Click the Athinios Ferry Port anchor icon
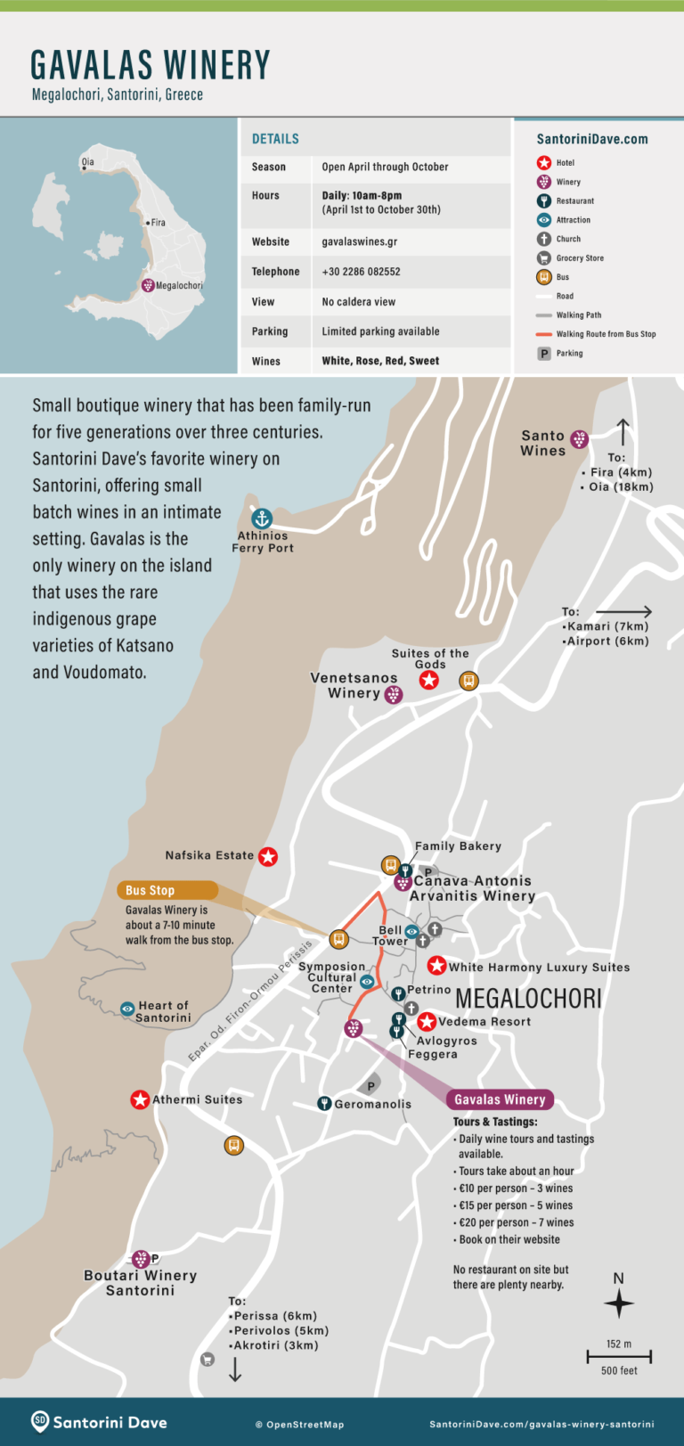[x=261, y=519]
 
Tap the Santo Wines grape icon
[x=579, y=439]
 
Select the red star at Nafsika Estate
[x=267, y=856]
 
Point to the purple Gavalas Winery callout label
[x=500, y=1099]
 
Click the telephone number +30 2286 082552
[x=361, y=272]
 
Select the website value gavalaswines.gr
[x=359, y=241]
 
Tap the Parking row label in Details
[x=269, y=331]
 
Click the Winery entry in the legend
[x=567, y=182]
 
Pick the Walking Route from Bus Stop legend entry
[x=605, y=334]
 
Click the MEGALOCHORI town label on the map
[x=528, y=999]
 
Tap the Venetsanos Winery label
[x=354, y=685]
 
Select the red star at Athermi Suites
[x=140, y=1099]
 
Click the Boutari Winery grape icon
[x=140, y=1259]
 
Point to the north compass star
[x=619, y=1303]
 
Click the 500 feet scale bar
[x=619, y=1357]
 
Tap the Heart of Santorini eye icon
[x=127, y=1009]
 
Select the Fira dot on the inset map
[x=147, y=223]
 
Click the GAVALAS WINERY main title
[x=150, y=65]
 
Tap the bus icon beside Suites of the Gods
[x=468, y=681]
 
